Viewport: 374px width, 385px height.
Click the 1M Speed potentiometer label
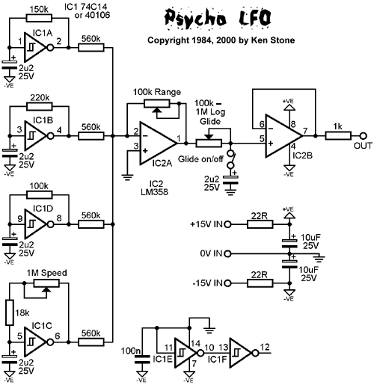click(43, 274)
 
